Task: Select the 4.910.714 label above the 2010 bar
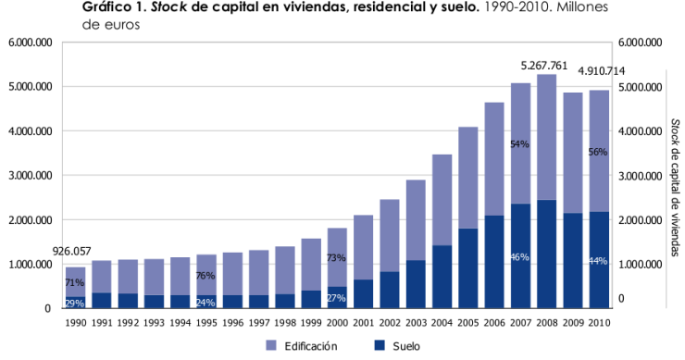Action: click(601, 71)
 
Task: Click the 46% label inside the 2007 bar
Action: click(519, 256)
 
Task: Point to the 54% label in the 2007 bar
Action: click(519, 144)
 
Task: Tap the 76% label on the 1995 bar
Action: click(205, 276)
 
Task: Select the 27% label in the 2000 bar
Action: click(336, 298)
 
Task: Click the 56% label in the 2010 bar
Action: click(597, 153)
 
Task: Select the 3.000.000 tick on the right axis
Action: click(639, 176)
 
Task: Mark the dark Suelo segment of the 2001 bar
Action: click(363, 293)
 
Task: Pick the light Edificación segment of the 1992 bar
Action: click(127, 276)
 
